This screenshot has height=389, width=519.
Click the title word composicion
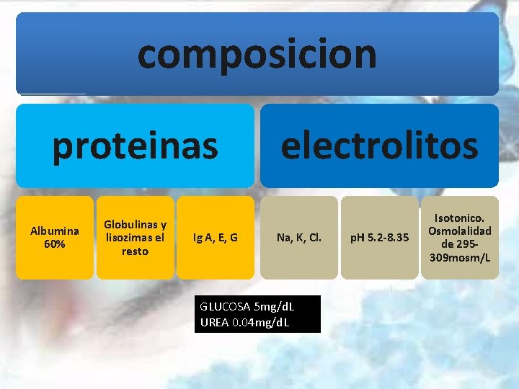click(257, 54)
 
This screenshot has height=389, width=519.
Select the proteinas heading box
click(135, 146)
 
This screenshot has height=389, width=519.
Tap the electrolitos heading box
click(379, 146)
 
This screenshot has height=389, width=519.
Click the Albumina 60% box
click(55, 238)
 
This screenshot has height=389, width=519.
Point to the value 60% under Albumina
click(55, 244)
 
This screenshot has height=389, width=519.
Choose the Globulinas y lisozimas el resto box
click(136, 238)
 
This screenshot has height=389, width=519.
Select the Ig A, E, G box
click(216, 238)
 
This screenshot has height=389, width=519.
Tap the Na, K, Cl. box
click(298, 238)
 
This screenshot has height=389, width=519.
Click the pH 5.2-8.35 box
click(379, 238)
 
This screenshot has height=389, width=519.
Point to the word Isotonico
click(460, 218)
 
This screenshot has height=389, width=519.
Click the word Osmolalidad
click(460, 231)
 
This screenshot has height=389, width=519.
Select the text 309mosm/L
click(460, 257)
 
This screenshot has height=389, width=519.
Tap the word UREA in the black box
click(214, 321)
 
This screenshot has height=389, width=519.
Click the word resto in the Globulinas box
click(136, 251)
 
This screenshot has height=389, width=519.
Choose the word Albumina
click(55, 231)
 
